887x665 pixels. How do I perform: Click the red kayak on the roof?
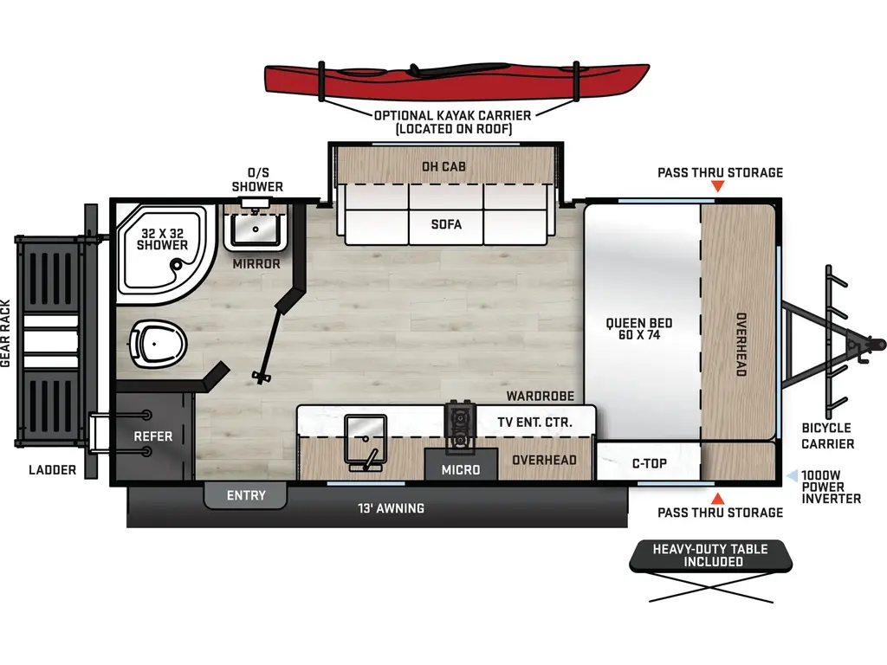(456, 79)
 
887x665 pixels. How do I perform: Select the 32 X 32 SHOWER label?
(162, 239)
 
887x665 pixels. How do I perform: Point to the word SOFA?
(446, 224)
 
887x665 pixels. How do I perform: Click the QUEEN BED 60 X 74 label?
(639, 329)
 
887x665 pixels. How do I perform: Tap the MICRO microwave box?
(460, 469)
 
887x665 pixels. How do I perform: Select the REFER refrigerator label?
(152, 436)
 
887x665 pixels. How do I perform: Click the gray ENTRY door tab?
(246, 495)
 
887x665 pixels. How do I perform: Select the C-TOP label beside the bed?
(649, 463)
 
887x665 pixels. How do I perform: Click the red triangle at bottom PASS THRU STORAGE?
(717, 498)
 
